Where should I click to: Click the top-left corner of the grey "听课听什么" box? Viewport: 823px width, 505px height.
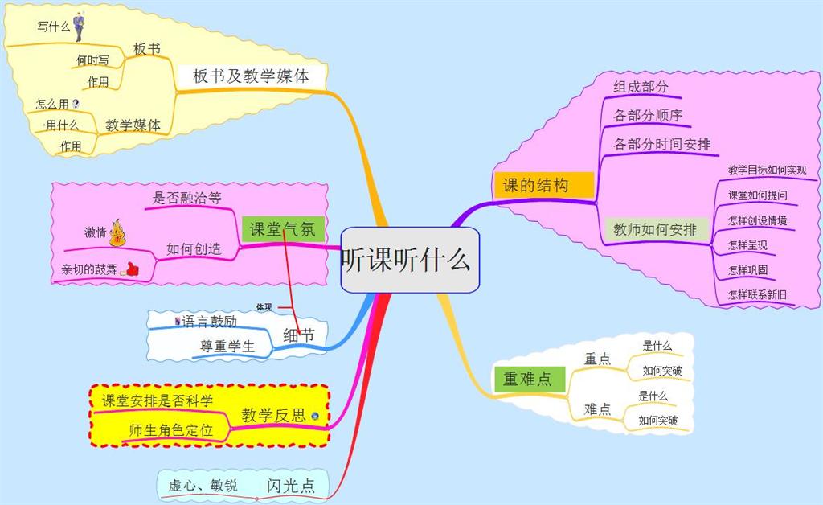click(342, 228)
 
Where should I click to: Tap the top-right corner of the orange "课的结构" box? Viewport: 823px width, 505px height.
click(594, 172)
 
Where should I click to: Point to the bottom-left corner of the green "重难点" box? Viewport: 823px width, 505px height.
click(495, 392)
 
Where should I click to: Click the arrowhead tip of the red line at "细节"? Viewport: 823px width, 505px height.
click(299, 334)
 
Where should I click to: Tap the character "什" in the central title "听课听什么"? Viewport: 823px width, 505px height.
click(432, 260)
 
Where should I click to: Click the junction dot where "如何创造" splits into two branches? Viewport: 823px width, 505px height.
click(156, 259)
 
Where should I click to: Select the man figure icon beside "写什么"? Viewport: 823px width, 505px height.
click(78, 27)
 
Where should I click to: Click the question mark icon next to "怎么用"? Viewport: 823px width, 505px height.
click(76, 104)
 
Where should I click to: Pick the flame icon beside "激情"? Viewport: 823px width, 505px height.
click(117, 233)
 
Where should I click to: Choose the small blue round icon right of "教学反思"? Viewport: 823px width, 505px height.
click(314, 416)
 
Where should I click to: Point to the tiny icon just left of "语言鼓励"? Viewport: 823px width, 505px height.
click(178, 321)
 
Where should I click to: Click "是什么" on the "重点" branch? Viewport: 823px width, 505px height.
click(657, 346)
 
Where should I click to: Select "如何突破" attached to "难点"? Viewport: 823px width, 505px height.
click(657, 421)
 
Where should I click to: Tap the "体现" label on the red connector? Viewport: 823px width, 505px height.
click(264, 307)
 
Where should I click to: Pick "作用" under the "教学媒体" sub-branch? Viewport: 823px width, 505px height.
click(71, 146)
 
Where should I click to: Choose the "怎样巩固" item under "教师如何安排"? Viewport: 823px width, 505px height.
click(747, 270)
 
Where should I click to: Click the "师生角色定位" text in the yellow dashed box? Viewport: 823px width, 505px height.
click(171, 430)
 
